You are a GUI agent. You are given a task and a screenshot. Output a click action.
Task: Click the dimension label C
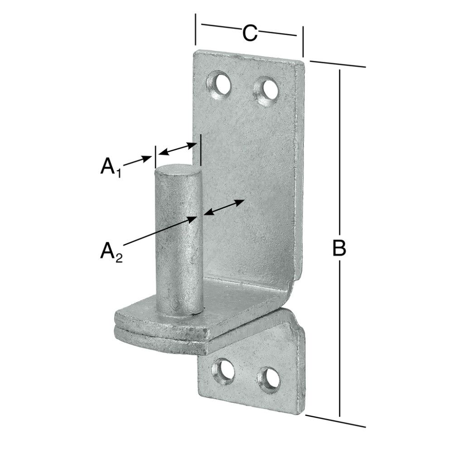point(250,33)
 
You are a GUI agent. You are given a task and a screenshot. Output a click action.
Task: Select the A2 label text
point(110,251)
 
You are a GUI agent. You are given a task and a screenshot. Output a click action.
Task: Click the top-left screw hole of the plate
point(220,83)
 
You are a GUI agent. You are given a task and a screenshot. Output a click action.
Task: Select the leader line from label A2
point(159,231)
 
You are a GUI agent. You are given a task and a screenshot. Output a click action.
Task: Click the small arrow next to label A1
point(139,161)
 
